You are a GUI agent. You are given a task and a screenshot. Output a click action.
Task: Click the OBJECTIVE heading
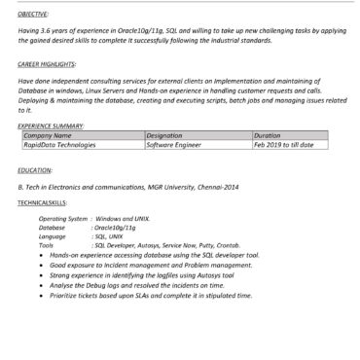(34, 16)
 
